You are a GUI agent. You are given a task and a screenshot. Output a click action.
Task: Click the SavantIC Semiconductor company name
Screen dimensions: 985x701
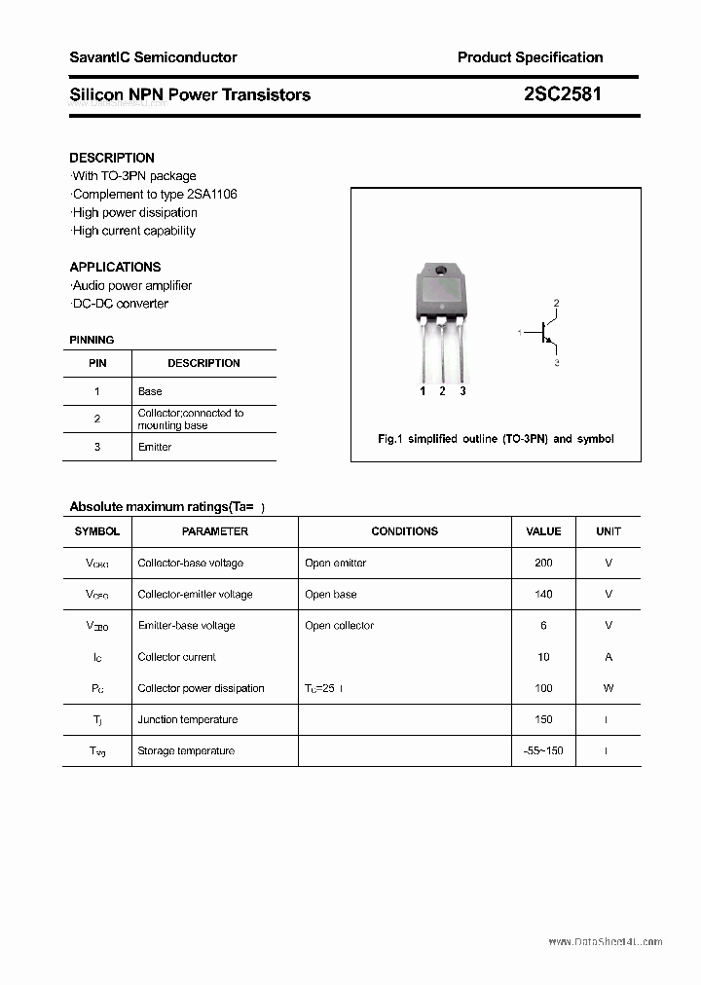tap(153, 57)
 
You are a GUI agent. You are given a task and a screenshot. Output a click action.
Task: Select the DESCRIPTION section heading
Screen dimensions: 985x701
tap(112, 158)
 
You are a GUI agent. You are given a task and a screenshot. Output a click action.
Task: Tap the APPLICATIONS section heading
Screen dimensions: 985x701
tap(115, 267)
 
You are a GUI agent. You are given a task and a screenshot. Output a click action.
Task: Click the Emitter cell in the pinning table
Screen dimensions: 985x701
tap(155, 447)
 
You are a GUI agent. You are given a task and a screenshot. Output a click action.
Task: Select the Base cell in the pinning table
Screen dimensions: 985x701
tap(150, 391)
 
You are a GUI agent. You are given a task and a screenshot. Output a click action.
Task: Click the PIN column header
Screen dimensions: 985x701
tap(97, 363)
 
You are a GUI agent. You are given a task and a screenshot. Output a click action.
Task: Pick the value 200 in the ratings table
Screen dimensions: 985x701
tap(543, 563)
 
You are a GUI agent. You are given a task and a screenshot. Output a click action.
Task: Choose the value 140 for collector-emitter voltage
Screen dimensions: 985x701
tap(543, 594)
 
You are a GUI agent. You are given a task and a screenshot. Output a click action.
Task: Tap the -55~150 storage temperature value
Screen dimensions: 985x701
tap(543, 750)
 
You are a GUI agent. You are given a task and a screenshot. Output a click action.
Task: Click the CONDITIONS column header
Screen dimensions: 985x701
tap(405, 531)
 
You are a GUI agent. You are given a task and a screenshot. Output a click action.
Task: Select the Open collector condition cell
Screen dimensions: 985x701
tap(339, 625)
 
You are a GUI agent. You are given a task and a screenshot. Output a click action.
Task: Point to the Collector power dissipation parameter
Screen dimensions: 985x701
tap(202, 688)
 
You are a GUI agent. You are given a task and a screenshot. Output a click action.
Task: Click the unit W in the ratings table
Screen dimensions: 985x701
tap(609, 688)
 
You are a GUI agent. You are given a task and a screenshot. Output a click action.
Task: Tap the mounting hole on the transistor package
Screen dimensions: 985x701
tap(441, 270)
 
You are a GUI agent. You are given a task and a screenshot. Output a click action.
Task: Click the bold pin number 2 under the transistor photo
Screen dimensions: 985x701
tap(442, 391)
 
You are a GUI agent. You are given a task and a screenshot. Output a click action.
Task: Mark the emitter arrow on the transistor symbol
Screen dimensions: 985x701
tap(550, 344)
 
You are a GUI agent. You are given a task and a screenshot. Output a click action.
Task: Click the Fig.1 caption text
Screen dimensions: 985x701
tap(496, 439)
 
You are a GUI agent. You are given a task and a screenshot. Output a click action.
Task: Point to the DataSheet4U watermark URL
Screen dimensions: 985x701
tap(605, 942)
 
